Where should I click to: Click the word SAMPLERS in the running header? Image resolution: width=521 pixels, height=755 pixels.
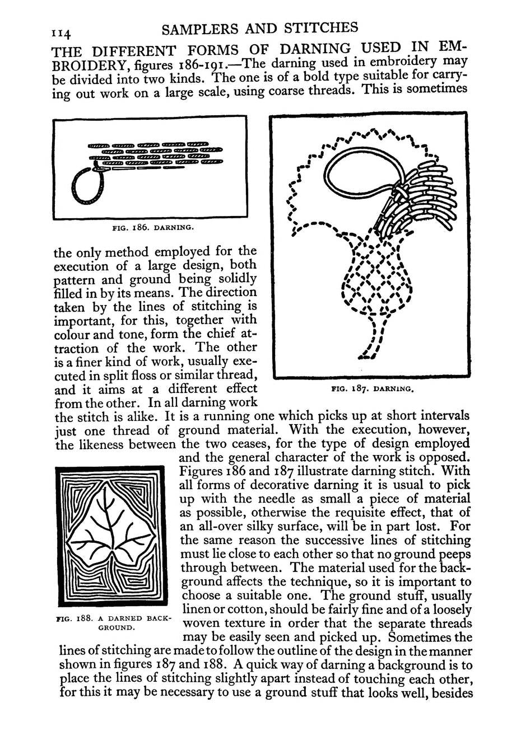pyautogui.click(x=194, y=28)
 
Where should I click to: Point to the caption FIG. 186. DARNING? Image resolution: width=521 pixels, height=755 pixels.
pyautogui.click(x=153, y=228)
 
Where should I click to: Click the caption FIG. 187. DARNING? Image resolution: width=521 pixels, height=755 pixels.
pyautogui.click(x=373, y=387)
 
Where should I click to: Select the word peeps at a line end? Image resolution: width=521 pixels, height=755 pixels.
pyautogui.click(x=453, y=554)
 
